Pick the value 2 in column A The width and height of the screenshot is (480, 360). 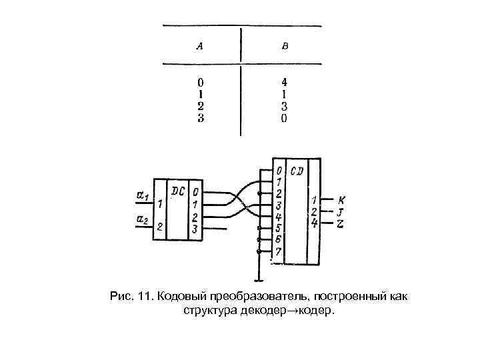pyautogui.click(x=201, y=105)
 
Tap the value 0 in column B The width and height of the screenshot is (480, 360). pyautogui.click(x=284, y=119)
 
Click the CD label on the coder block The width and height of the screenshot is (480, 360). pyautogui.click(x=297, y=171)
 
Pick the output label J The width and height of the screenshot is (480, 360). pyautogui.click(x=341, y=212)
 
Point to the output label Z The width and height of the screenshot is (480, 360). pyautogui.click(x=341, y=223)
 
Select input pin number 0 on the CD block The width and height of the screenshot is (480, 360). pyautogui.click(x=279, y=171)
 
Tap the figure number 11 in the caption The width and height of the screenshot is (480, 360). pyautogui.click(x=145, y=295)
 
